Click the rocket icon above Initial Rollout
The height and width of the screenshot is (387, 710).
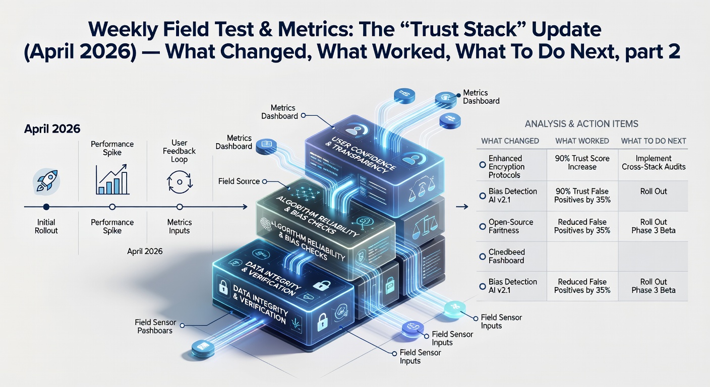46,181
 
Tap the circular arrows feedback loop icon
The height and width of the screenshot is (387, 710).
179,182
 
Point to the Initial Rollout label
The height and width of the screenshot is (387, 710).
46,226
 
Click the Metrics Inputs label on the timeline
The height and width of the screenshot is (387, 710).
179,226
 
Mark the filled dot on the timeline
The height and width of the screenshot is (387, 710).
46,207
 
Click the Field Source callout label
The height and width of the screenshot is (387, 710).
240,181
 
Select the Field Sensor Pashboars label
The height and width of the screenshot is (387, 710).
153,326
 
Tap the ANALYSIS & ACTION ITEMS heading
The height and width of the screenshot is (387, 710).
581,123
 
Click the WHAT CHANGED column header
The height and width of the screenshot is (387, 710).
510,141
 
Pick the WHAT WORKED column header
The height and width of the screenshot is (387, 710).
582,141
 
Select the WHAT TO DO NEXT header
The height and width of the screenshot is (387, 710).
654,141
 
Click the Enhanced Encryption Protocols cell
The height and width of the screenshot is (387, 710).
506,167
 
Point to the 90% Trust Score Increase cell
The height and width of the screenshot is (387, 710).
582,162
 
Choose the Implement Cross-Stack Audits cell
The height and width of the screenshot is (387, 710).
654,162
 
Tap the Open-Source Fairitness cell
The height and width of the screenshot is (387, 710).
510,226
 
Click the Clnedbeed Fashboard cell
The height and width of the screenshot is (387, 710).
506,256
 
